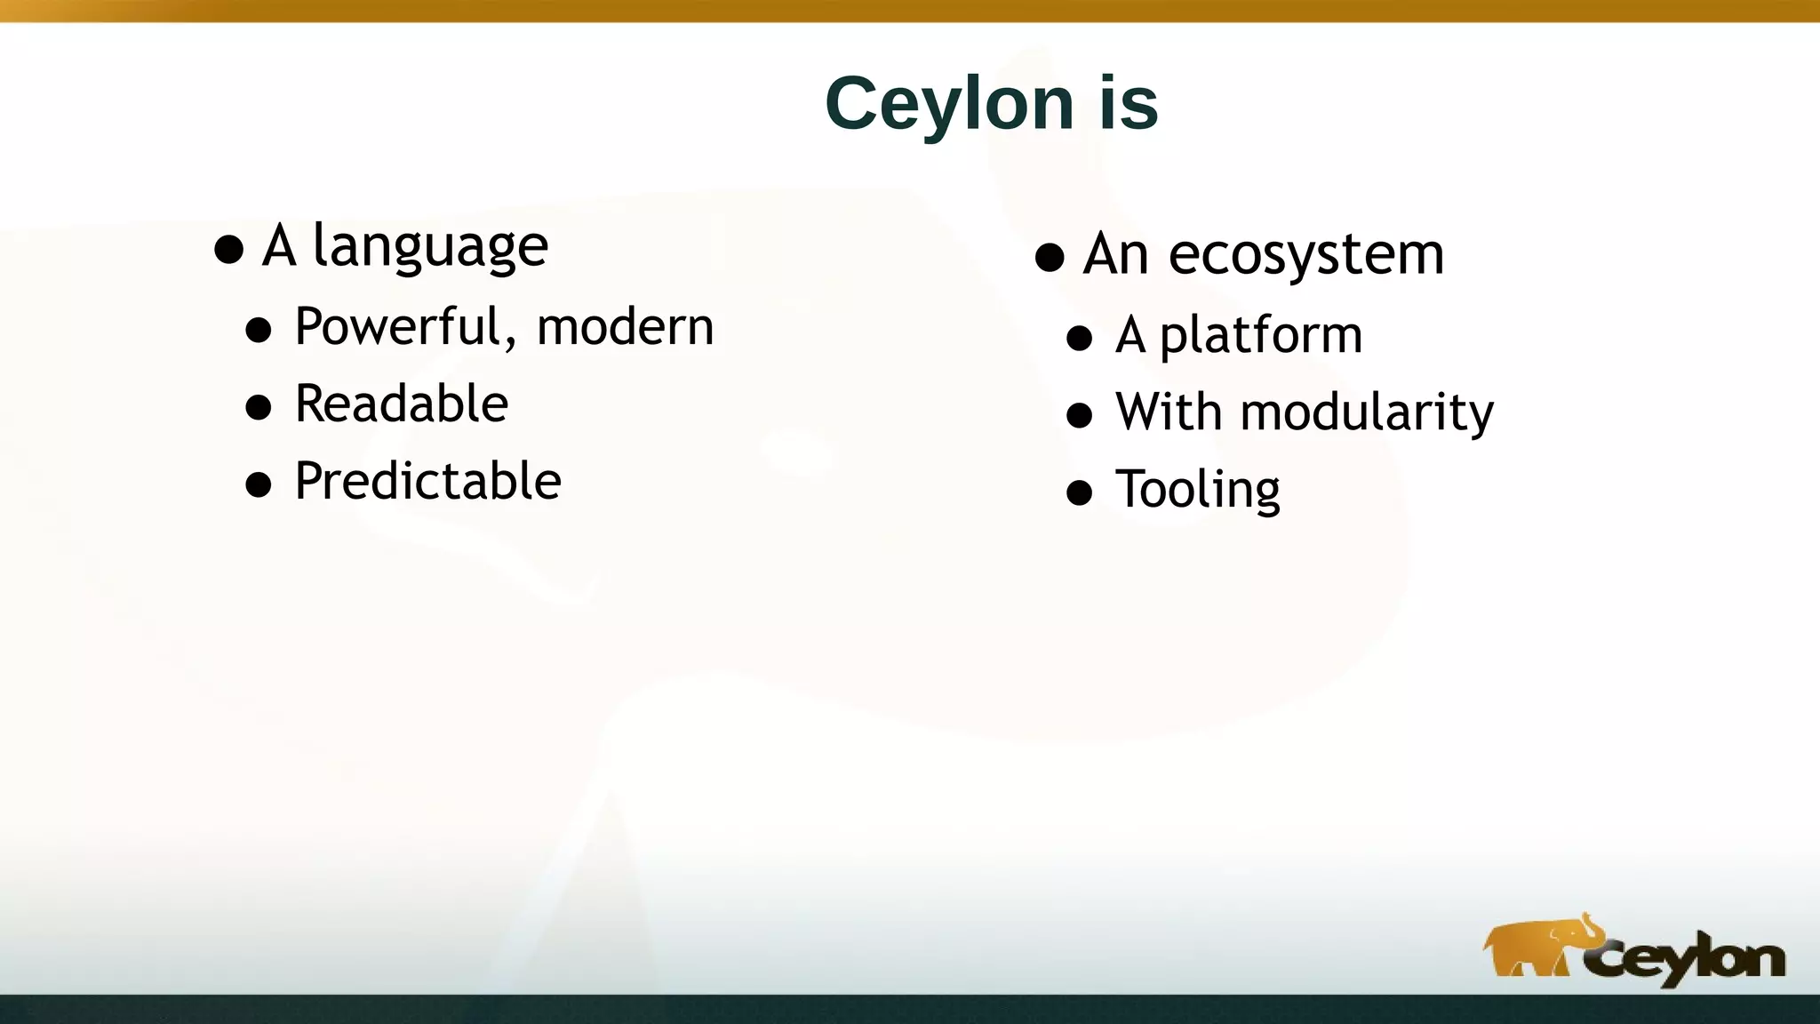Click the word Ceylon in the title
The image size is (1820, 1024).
click(x=949, y=104)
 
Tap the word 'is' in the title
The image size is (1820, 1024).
click(x=1129, y=104)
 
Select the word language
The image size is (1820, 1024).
click(x=430, y=246)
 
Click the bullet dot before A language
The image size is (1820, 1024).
click(x=229, y=250)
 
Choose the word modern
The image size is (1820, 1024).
click(x=625, y=326)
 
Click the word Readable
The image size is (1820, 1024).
click(x=401, y=404)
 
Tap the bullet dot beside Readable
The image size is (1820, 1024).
click(x=259, y=408)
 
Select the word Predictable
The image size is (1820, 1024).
click(x=427, y=481)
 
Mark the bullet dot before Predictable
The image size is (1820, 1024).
click(x=259, y=485)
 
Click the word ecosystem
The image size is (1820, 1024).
click(x=1305, y=255)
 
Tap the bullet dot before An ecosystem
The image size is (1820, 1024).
click(x=1050, y=259)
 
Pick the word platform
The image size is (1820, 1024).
click(x=1260, y=336)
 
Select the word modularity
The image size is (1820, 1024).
click(x=1366, y=412)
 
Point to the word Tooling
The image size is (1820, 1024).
click(x=1197, y=490)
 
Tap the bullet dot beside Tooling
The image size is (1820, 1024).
click(x=1079, y=493)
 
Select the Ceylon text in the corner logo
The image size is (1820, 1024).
click(x=1684, y=959)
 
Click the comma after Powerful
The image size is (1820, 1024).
click(x=511, y=342)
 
